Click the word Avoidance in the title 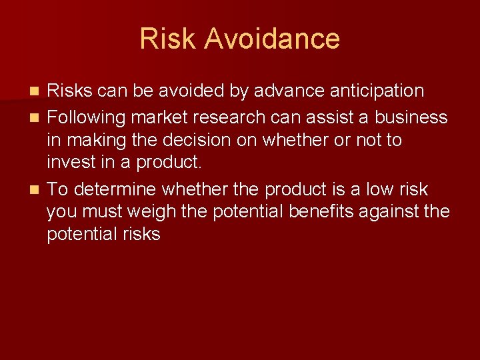[x=272, y=39]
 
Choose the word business [x=411, y=118]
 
